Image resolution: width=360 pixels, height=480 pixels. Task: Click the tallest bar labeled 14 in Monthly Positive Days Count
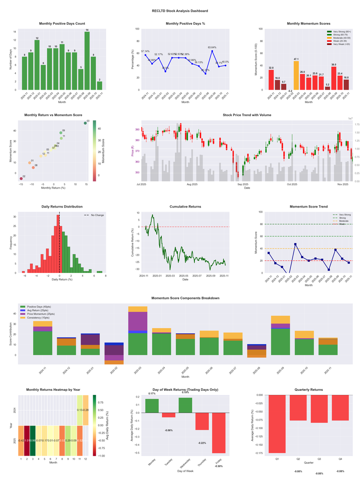click(87, 61)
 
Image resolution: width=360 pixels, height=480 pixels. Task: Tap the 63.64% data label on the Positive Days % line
click(212, 47)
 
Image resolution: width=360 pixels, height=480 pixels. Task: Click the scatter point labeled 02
click(21, 179)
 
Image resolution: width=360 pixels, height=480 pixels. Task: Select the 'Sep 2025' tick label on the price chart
click(243, 184)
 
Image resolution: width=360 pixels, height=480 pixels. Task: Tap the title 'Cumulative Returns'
click(185, 206)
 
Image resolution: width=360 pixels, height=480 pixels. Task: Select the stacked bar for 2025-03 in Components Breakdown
click(138, 331)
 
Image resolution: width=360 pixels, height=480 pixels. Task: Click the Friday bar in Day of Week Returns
click(219, 433)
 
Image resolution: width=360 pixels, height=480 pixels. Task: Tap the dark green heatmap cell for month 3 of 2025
click(33, 440)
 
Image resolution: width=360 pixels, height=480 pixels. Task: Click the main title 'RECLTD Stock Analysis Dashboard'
click(180, 10)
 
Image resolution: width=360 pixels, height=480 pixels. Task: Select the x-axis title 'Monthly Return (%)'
click(53, 187)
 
